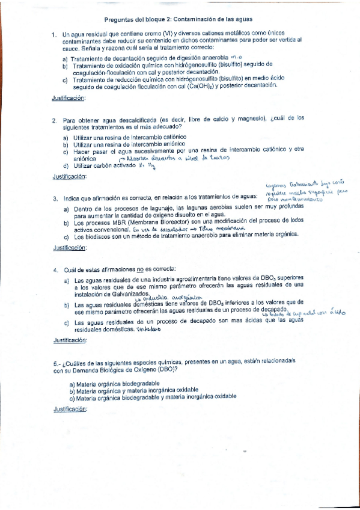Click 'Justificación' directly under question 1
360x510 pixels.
(69, 97)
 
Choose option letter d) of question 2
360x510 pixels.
(66, 165)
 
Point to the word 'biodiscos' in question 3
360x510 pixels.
(95, 236)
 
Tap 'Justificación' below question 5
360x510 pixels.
(70, 409)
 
